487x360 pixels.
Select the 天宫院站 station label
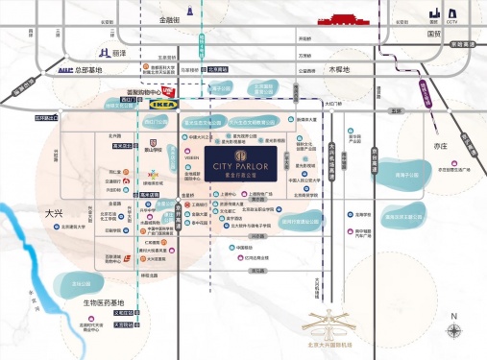click(x=124, y=298)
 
